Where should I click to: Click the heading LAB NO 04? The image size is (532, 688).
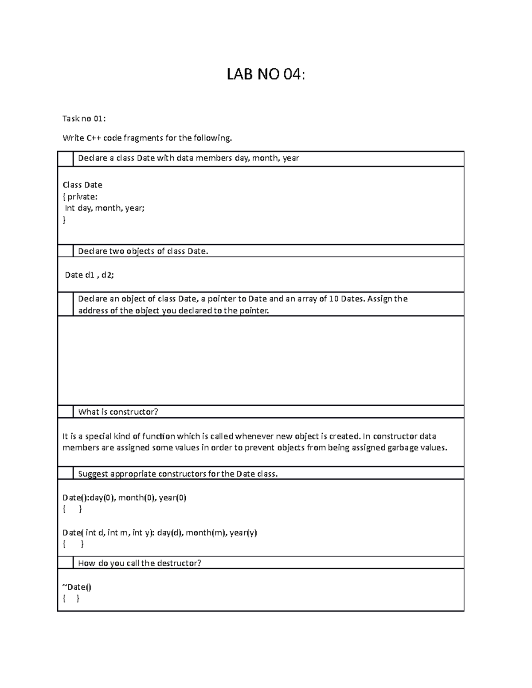(266, 75)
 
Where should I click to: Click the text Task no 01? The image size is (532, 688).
(84, 118)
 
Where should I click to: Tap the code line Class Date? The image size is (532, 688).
(82, 185)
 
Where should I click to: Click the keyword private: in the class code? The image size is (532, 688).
(82, 196)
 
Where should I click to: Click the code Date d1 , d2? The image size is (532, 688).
(89, 275)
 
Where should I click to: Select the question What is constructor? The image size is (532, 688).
(118, 412)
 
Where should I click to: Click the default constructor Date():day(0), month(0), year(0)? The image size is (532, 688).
(125, 498)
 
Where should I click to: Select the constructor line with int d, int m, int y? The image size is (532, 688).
(160, 533)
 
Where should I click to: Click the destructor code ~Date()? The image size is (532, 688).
(77, 587)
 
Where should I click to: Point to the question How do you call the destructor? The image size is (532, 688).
(140, 563)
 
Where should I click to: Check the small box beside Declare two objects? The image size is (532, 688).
(66, 251)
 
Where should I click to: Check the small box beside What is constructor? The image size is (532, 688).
(66, 412)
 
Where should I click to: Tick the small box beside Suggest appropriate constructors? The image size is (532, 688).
(66, 473)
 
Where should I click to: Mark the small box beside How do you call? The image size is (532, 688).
(66, 563)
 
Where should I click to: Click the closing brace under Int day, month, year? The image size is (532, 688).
(64, 220)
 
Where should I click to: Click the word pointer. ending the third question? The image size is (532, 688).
(254, 311)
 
